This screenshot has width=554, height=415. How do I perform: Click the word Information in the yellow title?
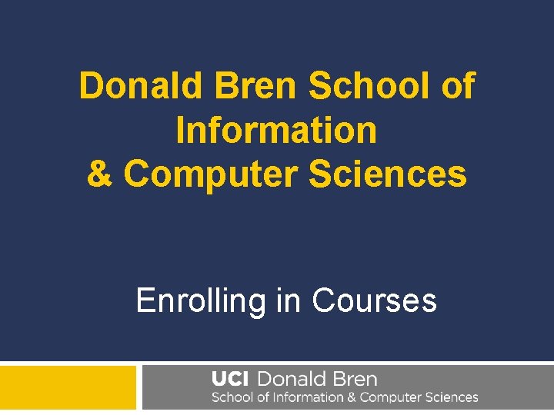click(x=277, y=131)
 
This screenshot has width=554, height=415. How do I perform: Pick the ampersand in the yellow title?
click(x=99, y=174)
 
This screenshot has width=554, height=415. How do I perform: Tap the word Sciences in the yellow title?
click(x=388, y=174)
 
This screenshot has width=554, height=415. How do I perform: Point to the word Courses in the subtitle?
click(x=375, y=300)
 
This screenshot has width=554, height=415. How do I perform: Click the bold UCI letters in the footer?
click(x=230, y=379)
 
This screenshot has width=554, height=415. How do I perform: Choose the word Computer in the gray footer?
click(x=392, y=398)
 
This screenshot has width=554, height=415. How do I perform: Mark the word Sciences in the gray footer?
click(x=453, y=398)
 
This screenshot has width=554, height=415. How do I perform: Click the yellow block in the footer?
click(x=68, y=388)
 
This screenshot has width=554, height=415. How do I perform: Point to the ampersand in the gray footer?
click(x=351, y=398)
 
